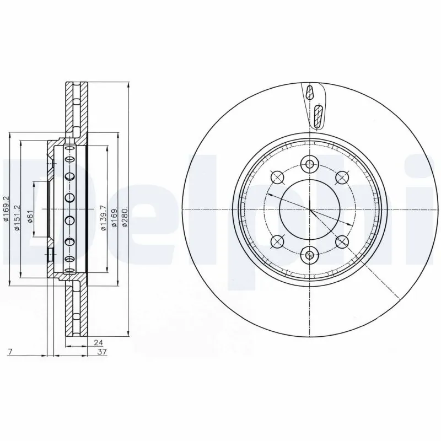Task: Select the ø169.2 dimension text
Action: [x=6, y=210]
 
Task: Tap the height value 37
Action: [x=101, y=351]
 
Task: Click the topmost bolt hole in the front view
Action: [x=310, y=164]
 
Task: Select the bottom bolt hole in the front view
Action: [x=310, y=255]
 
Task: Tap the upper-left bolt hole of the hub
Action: [x=277, y=178]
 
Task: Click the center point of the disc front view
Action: [x=310, y=209]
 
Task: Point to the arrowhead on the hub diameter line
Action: [x=348, y=225]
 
